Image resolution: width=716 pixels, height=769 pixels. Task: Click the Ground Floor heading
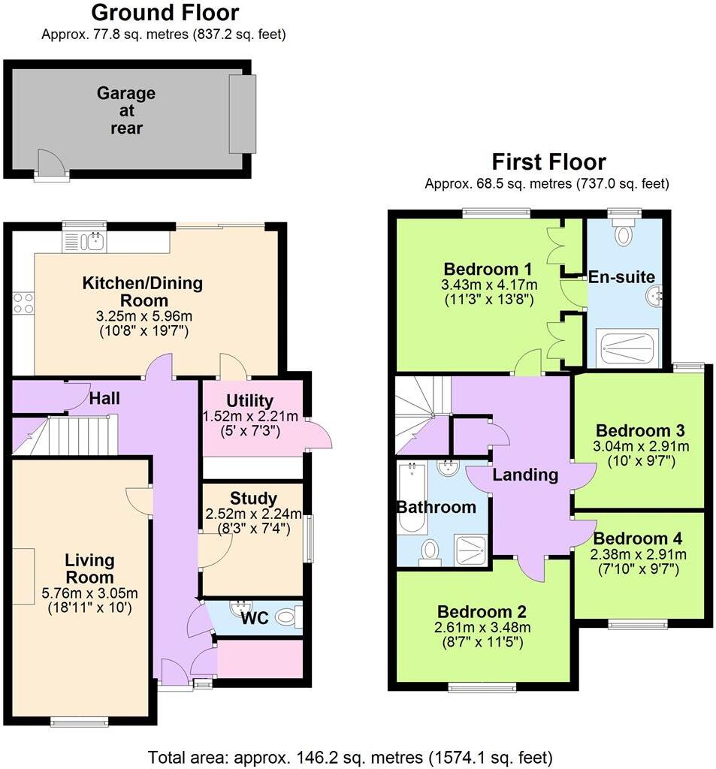pyautogui.click(x=165, y=13)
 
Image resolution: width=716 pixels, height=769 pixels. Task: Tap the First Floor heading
pyautogui.click(x=548, y=161)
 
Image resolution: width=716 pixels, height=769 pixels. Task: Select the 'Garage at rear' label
pyautogui.click(x=126, y=110)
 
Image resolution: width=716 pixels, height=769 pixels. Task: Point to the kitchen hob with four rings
pyautogui.click(x=23, y=303)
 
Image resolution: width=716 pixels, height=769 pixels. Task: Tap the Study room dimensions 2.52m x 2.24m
pyautogui.click(x=254, y=514)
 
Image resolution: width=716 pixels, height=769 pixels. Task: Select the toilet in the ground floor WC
pyautogui.click(x=286, y=617)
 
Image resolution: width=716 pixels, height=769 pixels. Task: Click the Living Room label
pyautogui.click(x=89, y=569)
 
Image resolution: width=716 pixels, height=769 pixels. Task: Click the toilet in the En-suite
pyautogui.click(x=624, y=235)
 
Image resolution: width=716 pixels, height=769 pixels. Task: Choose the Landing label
pyautogui.click(x=525, y=475)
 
